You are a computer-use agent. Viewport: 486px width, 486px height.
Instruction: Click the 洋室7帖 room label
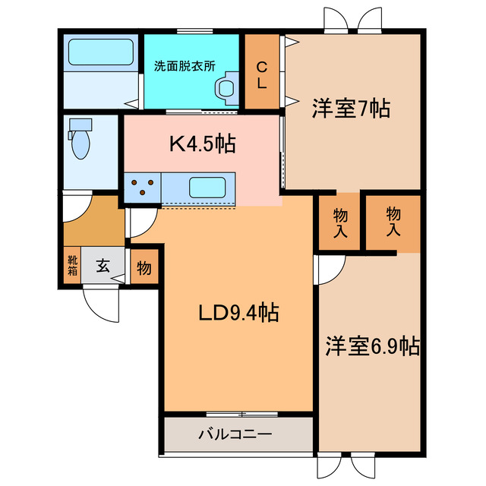tap(351, 109)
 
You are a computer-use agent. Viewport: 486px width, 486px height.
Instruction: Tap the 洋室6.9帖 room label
tap(372, 346)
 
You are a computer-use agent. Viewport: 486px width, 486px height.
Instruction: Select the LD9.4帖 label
tap(238, 311)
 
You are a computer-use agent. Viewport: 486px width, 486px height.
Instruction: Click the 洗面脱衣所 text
tap(185, 65)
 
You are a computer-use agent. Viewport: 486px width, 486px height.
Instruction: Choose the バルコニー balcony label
tap(235, 435)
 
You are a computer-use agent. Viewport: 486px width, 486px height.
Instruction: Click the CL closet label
tap(261, 73)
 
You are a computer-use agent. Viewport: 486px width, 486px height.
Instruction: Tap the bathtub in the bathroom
tap(100, 52)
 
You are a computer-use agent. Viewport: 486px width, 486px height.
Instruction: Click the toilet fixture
tap(80, 139)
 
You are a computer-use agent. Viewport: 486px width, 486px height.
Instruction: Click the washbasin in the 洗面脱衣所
tap(226, 87)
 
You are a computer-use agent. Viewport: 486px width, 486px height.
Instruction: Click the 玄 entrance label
tap(103, 267)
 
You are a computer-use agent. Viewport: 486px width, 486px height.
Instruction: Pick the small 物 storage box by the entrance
tap(144, 267)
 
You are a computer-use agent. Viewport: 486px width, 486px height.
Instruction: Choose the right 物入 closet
tap(393, 222)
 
